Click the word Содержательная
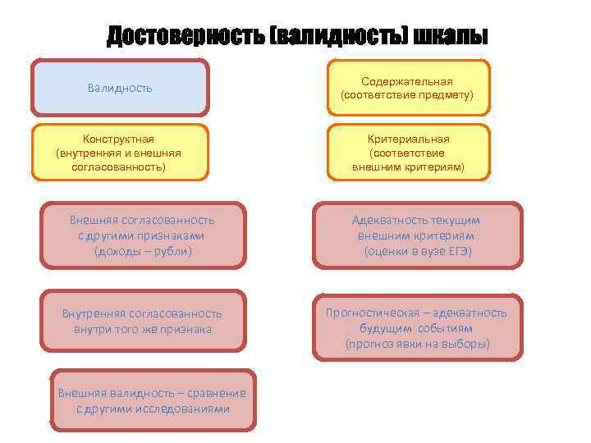(408, 81)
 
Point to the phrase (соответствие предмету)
(408, 95)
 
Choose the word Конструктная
(119, 139)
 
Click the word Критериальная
(408, 139)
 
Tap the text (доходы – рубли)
(143, 250)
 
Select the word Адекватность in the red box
(383, 220)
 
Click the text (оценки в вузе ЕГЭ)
(418, 250)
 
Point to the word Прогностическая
(373, 313)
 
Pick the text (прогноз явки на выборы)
(417, 343)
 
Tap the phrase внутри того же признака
(143, 329)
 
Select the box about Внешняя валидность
(153, 400)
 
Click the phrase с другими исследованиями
(153, 409)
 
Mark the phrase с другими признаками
(143, 235)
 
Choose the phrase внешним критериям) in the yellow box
(408, 167)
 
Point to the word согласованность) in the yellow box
(119, 167)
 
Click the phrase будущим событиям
(417, 328)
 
